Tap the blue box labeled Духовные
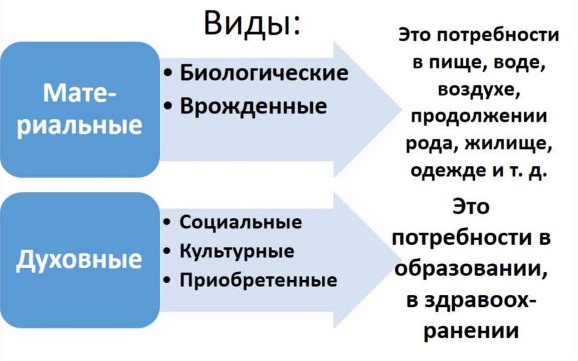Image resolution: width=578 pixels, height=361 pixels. coord(79,259)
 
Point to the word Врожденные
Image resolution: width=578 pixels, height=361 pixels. coord(253,106)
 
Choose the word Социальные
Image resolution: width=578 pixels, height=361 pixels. coord(240,222)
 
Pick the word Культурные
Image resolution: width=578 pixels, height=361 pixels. coord(237,251)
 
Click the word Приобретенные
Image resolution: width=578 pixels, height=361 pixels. coord(258,280)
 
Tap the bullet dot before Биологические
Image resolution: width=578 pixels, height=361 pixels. coord(169,74)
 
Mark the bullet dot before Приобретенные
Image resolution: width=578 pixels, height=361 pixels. coord(169,281)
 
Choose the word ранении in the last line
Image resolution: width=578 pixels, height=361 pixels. coord(470,330)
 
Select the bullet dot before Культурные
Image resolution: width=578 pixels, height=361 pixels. coord(169,251)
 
